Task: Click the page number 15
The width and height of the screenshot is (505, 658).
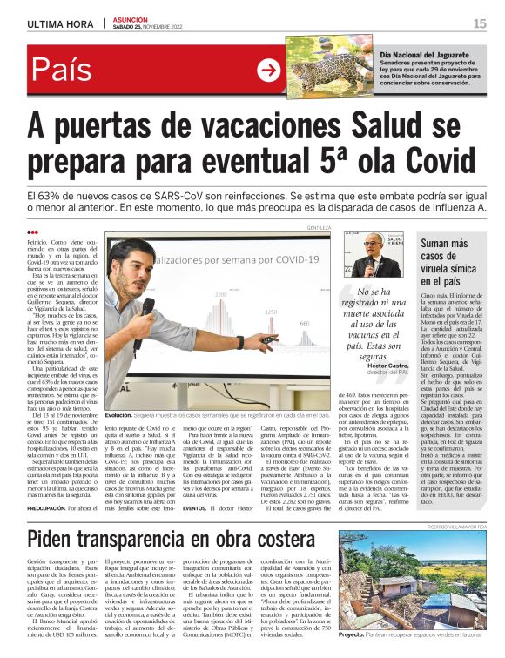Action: [480, 23]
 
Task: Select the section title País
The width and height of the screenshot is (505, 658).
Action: [66, 71]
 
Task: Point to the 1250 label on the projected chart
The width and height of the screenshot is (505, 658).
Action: [271, 311]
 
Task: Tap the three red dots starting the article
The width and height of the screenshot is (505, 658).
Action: [33, 232]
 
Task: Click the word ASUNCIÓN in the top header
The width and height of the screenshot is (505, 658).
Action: [131, 18]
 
